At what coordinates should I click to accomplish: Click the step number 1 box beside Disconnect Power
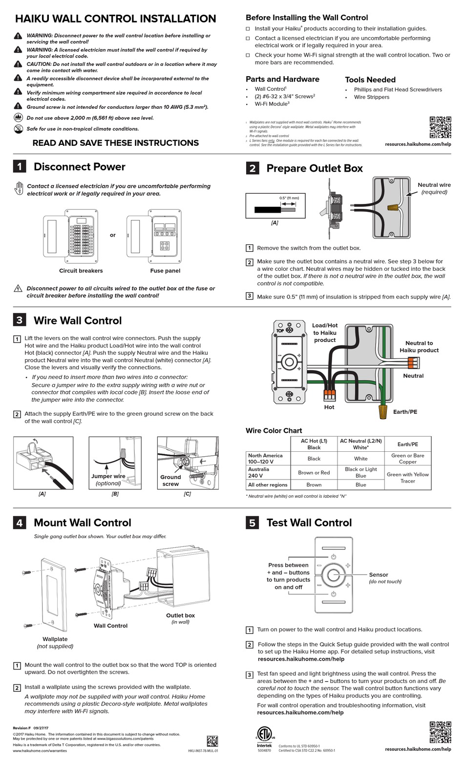point(19,166)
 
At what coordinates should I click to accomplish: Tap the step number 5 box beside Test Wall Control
point(252,523)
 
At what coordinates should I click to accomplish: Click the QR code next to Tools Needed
point(440,127)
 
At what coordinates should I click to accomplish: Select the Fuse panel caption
point(165,271)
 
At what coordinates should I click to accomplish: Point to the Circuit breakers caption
point(81,271)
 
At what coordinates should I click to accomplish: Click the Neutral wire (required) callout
point(434,188)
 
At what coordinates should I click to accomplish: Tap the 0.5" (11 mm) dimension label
point(289,198)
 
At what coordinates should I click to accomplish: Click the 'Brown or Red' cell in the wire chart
point(314,472)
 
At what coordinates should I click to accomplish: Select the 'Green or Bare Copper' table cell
point(407,459)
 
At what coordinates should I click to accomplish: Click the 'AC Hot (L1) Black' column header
point(314,444)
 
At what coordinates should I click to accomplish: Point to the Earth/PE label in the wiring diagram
point(405,412)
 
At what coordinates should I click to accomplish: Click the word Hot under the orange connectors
point(329,407)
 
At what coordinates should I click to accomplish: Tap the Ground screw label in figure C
point(170,481)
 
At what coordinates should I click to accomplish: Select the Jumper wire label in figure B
point(108,477)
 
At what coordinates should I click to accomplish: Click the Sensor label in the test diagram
point(379,575)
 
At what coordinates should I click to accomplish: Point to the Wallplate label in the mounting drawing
point(55,639)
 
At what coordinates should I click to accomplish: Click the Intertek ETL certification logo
point(265,736)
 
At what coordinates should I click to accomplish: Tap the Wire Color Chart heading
point(274,431)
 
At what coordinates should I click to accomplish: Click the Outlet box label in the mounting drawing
point(180,616)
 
